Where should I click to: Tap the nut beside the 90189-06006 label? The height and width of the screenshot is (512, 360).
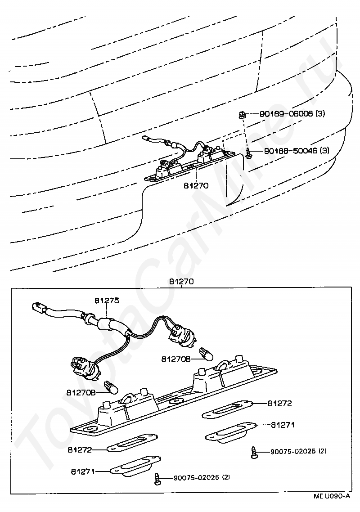click(243, 114)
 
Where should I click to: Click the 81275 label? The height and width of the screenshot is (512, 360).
click(107, 300)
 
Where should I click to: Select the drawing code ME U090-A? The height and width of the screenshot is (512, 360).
click(332, 496)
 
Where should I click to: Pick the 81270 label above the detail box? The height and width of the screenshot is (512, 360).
click(181, 281)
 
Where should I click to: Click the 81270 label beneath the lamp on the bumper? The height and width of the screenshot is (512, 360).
click(196, 185)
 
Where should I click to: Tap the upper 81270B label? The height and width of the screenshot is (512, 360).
click(176, 359)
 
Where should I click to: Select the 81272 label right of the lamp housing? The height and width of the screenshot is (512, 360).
click(280, 403)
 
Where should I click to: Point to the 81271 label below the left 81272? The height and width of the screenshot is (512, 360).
click(82, 471)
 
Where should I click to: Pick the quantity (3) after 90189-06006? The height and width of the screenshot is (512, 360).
click(319, 114)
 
